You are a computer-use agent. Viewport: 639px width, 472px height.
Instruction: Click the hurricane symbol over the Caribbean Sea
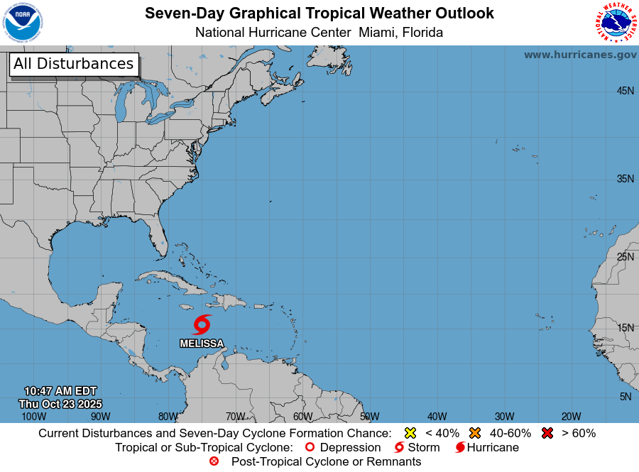(202, 325)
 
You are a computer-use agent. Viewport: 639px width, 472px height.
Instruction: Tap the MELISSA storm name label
(202, 344)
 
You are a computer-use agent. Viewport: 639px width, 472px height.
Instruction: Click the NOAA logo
(22, 23)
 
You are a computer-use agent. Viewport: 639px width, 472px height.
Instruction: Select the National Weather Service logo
(615, 23)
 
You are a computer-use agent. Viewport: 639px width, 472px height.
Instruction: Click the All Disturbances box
(73, 64)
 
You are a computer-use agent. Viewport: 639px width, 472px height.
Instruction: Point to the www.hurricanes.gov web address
(580, 55)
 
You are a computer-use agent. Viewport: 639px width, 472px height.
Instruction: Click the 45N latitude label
(625, 91)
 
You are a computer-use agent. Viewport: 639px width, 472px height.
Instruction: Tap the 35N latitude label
(625, 179)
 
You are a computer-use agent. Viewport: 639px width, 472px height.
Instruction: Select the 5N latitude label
(626, 397)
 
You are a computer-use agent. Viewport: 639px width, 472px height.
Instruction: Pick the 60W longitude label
(302, 417)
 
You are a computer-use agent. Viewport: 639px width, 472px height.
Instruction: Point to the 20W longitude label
(571, 417)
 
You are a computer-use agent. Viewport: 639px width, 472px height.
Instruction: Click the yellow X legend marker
(410, 433)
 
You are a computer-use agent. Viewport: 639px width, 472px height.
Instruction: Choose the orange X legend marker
(475, 433)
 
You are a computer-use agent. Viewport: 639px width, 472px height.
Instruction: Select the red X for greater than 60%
(547, 433)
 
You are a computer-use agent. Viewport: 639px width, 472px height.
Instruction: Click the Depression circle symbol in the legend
(309, 447)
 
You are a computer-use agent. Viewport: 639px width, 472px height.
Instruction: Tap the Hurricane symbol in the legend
(460, 447)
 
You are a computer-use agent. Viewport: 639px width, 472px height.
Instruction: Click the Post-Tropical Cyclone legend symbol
(214, 461)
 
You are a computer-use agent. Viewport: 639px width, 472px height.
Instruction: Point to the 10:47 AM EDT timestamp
(60, 391)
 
